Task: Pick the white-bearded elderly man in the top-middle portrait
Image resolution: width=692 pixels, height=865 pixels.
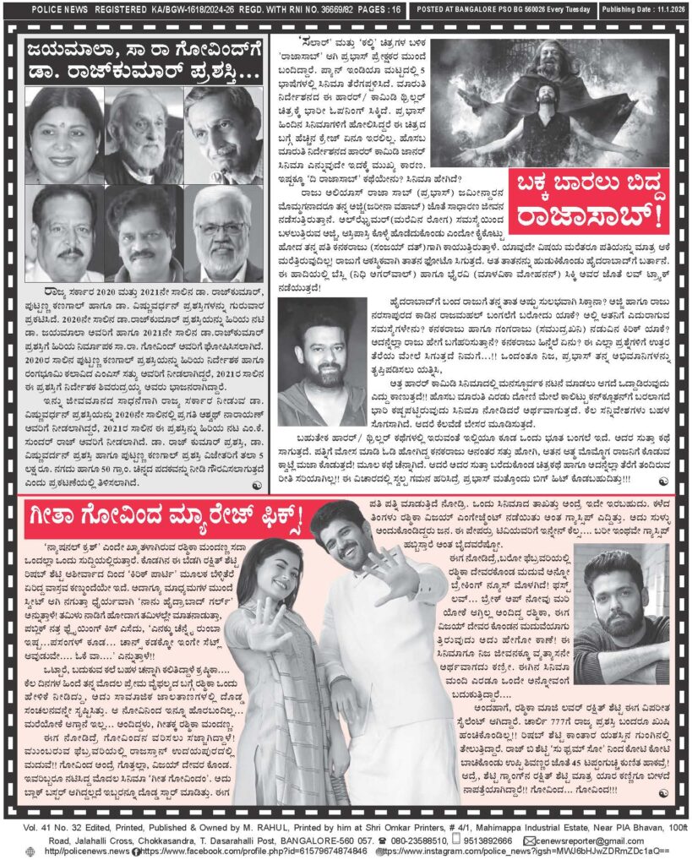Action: (x=144, y=134)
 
